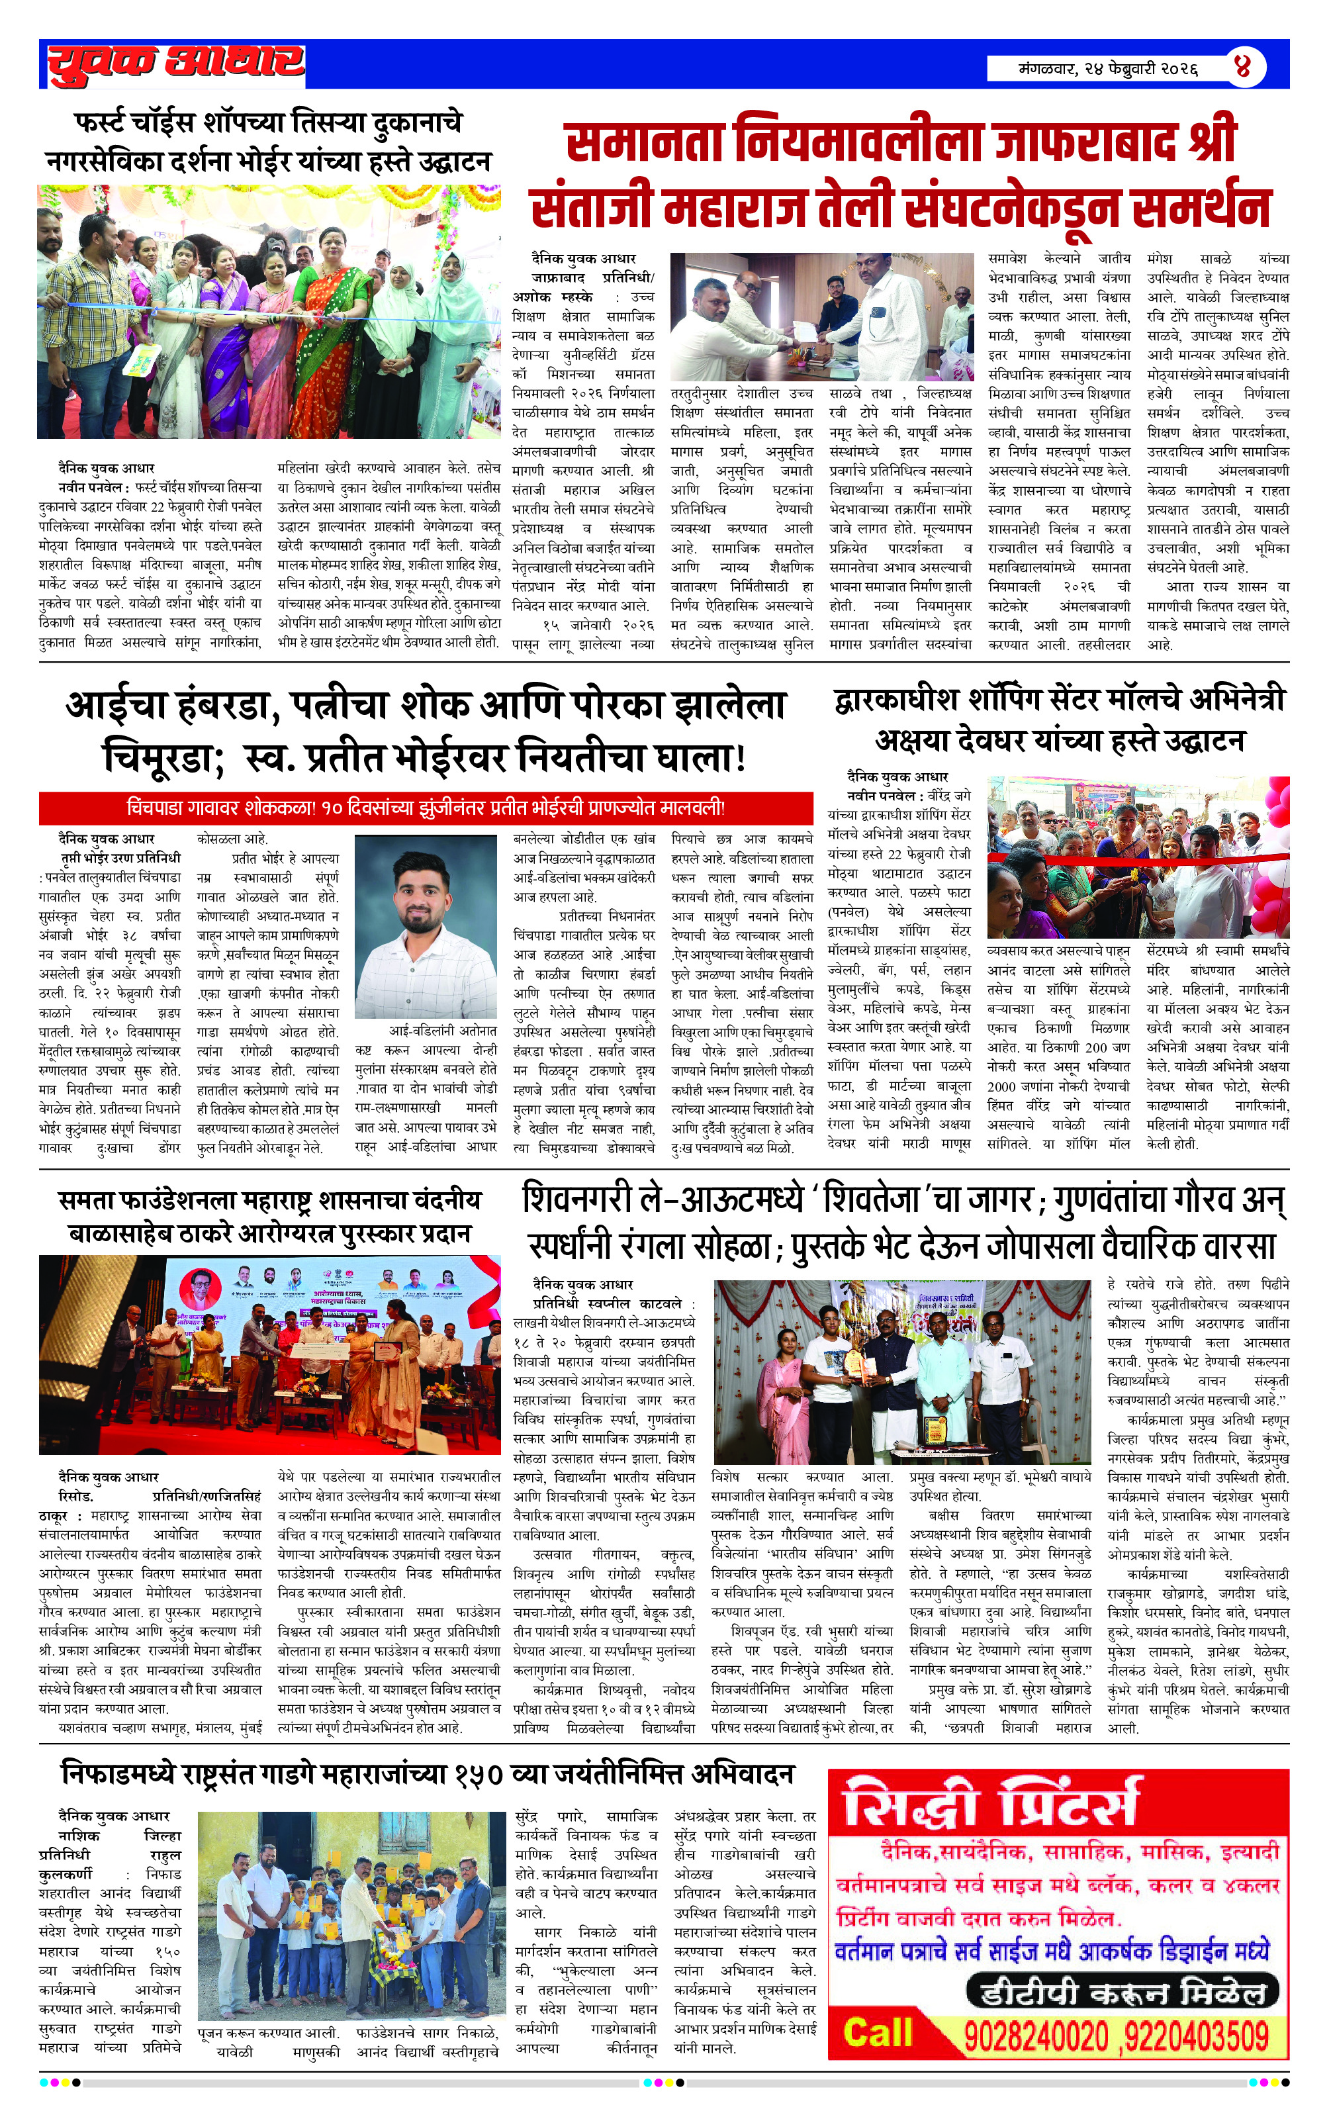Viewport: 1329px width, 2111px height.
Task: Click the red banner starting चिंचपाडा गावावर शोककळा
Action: coord(425,806)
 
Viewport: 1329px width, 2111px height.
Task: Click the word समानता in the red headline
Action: coord(645,143)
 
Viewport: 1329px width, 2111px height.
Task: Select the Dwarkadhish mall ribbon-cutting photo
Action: coord(1138,857)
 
